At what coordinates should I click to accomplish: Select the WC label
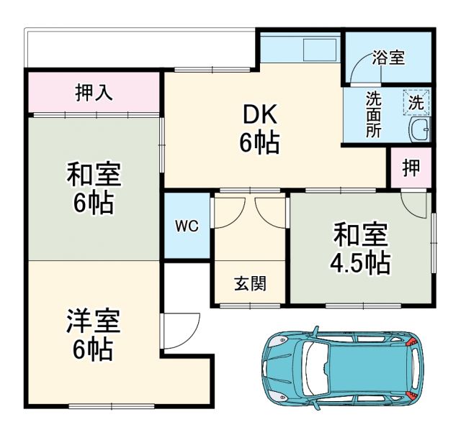click(187, 226)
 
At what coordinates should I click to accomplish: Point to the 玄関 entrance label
click(249, 283)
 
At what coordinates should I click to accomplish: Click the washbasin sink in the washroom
click(419, 131)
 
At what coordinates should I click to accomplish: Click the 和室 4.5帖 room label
click(360, 249)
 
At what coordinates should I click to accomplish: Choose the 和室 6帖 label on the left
click(93, 188)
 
